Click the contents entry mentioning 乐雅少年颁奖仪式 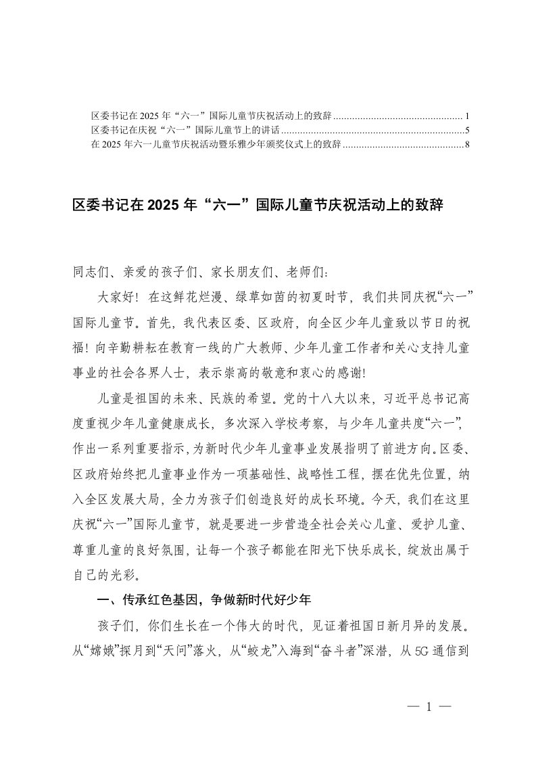coord(216,144)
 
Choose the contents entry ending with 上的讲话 coord(190,130)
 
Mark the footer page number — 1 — coord(429,707)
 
